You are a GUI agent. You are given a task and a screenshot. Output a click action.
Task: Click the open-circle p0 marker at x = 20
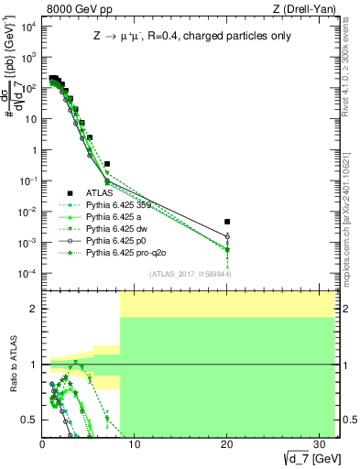click(x=227, y=236)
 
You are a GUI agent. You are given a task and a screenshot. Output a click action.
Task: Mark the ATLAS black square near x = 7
click(x=107, y=164)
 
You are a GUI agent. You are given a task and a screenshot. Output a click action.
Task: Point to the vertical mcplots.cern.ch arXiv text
click(x=352, y=211)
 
